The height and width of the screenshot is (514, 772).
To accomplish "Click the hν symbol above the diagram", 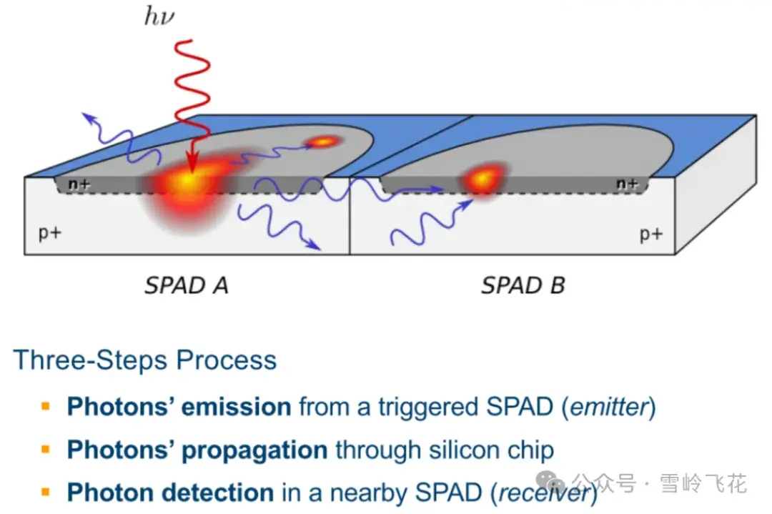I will pyautogui.click(x=159, y=16).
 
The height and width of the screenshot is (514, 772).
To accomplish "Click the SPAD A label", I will pyautogui.click(x=187, y=286).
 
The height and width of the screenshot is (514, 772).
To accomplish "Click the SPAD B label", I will pyautogui.click(x=523, y=286).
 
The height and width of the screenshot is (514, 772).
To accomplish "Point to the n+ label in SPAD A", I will pyautogui.click(x=79, y=184).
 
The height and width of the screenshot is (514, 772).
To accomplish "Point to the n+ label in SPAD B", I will pyautogui.click(x=627, y=184).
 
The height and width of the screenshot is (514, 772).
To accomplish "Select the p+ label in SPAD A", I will pyautogui.click(x=49, y=233).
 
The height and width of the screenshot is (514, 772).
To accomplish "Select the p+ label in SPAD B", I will pyautogui.click(x=650, y=234).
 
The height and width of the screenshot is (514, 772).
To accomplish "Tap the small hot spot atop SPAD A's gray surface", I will pyautogui.click(x=323, y=142).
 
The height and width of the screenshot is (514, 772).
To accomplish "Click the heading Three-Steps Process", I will pyautogui.click(x=145, y=360).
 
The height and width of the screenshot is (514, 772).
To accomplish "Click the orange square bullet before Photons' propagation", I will pyautogui.click(x=46, y=450).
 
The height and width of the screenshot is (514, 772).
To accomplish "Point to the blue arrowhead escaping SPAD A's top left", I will pyautogui.click(x=86, y=116).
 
